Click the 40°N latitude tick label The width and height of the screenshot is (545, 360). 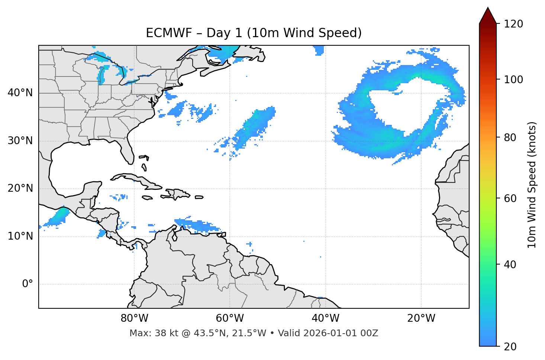[x=20, y=93]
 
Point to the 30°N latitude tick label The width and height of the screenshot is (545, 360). [x=20, y=141]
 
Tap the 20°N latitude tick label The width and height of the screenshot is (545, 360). [x=20, y=188]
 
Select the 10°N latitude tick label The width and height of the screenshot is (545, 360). [x=20, y=236]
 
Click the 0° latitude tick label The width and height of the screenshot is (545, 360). [x=28, y=284]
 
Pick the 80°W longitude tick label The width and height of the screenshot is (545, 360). [x=134, y=318]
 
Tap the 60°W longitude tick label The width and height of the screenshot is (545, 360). [x=230, y=318]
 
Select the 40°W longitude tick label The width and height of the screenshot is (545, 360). [x=325, y=318]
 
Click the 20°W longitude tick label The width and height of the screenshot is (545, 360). [x=421, y=318]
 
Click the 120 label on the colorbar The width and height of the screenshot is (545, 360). [x=513, y=24]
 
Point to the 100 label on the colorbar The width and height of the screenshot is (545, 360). [x=513, y=80]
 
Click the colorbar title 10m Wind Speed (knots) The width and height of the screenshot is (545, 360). [x=532, y=185]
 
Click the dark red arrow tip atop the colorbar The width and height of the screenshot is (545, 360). [x=488, y=15]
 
